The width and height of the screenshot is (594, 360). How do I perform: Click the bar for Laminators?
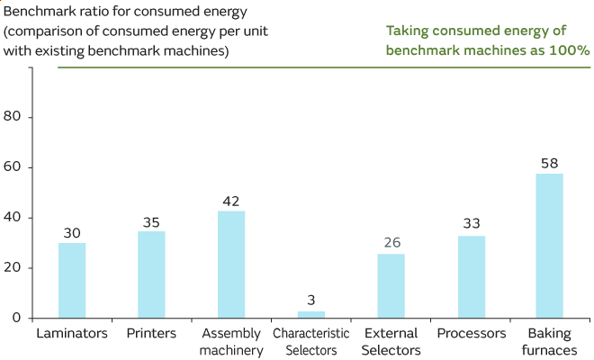tap(72, 280)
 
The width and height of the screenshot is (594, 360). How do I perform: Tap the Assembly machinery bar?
tap(231, 264)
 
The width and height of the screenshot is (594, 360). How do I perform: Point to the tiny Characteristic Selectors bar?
tap(310, 314)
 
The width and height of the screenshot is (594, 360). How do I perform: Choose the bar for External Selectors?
tap(391, 285)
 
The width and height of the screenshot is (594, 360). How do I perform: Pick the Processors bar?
tap(471, 276)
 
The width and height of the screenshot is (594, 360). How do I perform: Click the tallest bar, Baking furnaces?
tap(550, 245)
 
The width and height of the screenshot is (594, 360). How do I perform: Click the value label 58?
tap(550, 164)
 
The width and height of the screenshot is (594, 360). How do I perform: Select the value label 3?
tap(310, 301)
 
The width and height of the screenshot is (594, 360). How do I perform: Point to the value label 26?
tap(391, 243)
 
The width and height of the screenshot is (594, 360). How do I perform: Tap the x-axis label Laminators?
tap(72, 334)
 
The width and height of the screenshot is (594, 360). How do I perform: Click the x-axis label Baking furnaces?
tap(550, 341)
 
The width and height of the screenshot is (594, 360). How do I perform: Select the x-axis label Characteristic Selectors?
tap(310, 341)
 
